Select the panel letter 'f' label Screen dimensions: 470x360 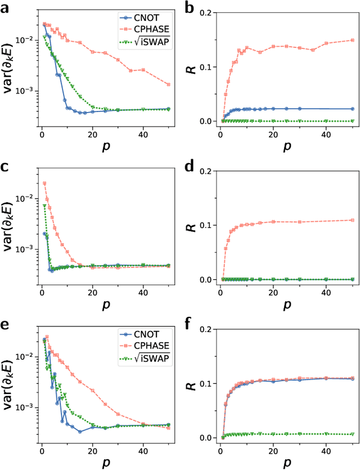tap(190, 323)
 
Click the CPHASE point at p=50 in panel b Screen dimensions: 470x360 tap(353, 40)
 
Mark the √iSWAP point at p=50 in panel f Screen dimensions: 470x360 tap(353, 434)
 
